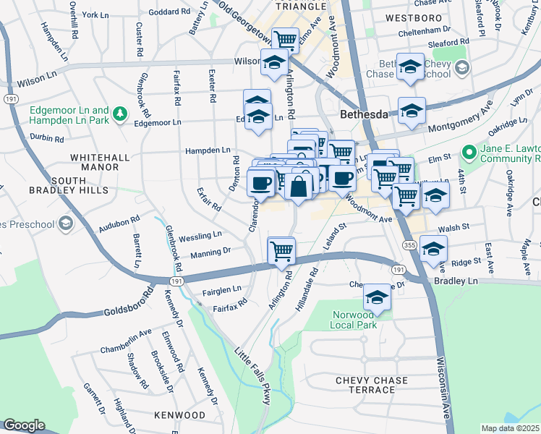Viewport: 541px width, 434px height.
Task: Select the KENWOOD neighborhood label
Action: click(x=180, y=415)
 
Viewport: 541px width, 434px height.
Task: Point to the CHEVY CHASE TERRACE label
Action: click(x=372, y=385)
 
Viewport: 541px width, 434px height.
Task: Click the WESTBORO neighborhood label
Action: click(x=414, y=17)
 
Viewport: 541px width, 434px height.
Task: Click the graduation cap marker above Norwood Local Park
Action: click(x=377, y=297)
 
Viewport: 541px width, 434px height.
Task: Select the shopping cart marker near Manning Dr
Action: click(x=281, y=251)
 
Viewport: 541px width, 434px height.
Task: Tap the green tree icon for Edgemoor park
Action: click(x=121, y=113)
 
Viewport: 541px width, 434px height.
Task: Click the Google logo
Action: click(x=24, y=425)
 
